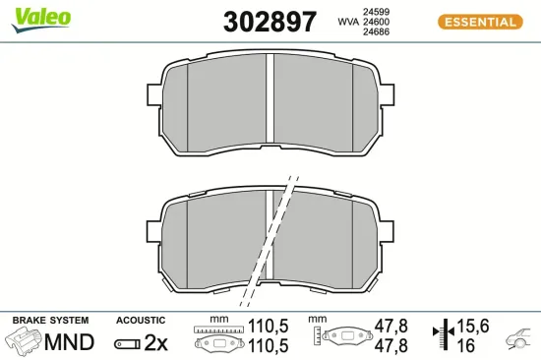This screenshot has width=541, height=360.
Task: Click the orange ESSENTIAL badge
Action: (x=479, y=22)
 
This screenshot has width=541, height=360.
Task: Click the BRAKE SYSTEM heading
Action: (x=50, y=321)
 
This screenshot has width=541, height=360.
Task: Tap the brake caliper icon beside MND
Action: (x=24, y=342)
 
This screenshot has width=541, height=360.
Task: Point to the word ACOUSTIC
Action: (x=141, y=321)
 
